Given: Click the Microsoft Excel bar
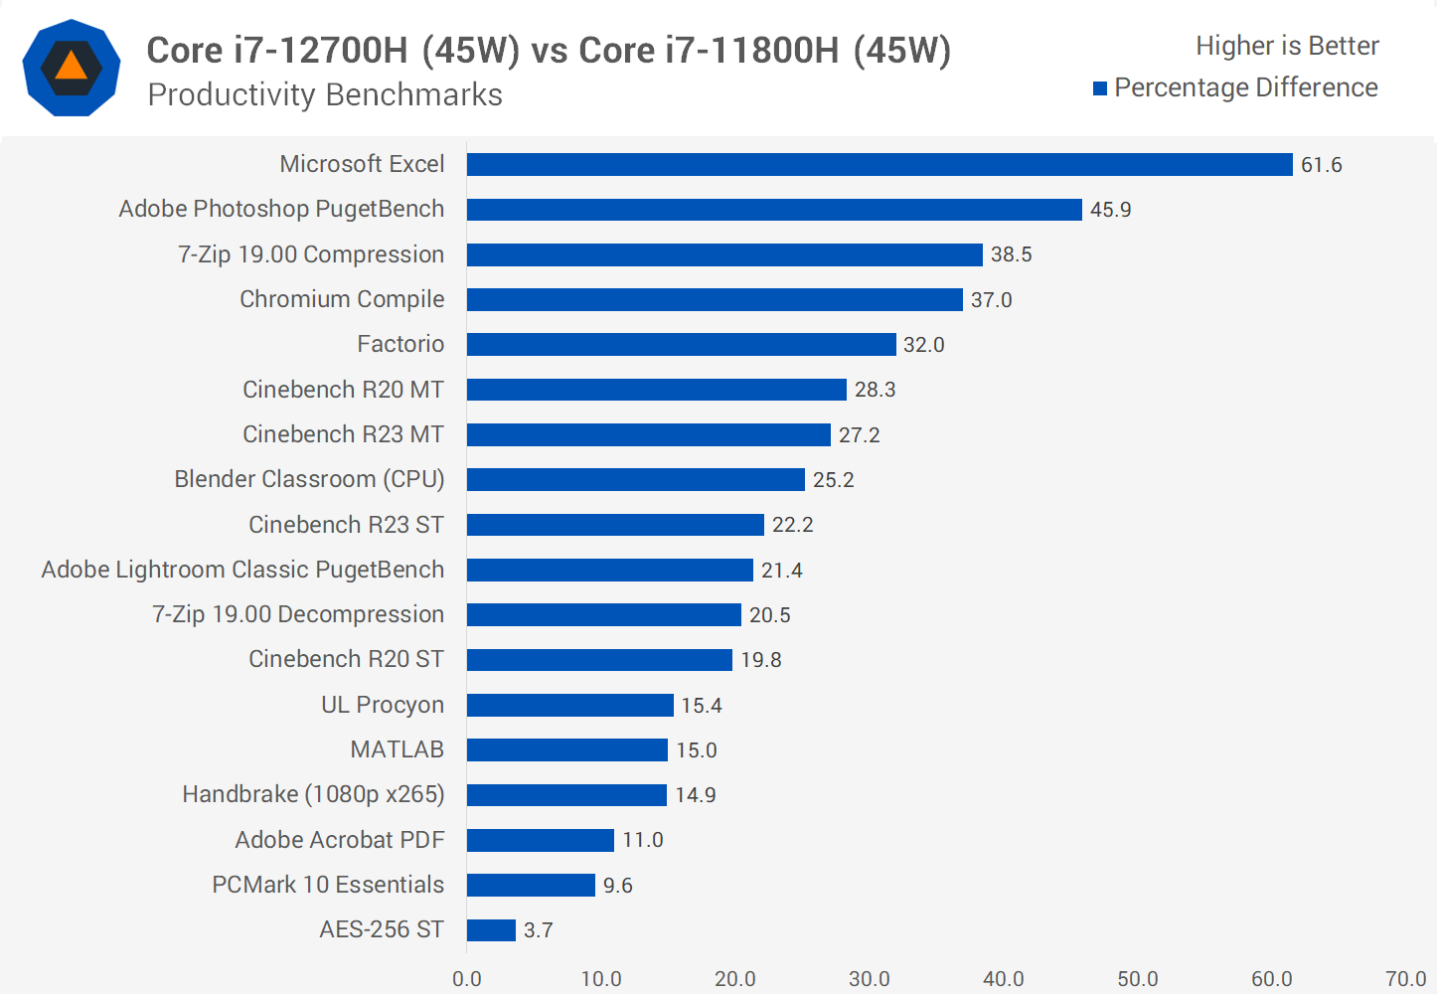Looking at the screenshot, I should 879,164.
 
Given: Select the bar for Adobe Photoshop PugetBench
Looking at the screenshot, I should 774,210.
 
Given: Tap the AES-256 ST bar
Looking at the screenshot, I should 491,930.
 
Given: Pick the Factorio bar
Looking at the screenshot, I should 681,344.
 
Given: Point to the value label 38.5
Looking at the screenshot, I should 1011,254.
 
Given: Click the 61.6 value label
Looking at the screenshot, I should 1321,165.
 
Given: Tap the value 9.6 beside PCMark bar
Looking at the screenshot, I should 617,886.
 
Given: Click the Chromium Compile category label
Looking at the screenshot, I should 342,299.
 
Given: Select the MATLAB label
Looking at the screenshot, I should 397,749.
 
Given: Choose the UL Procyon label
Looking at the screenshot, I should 382,705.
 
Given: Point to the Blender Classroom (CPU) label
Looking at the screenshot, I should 309,479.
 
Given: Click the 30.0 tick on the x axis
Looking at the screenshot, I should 869,979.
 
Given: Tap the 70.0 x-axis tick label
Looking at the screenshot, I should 1405,979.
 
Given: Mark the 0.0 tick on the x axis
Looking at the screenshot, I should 467,979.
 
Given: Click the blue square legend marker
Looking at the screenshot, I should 1100,88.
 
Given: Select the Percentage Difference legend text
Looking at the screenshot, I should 1245,87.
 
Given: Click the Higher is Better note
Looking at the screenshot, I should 1287,46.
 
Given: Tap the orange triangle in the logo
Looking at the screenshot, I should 72,67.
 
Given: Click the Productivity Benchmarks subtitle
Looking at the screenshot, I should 325,94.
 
